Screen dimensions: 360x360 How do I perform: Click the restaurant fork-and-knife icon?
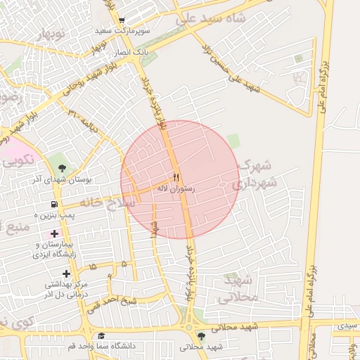point(176,177)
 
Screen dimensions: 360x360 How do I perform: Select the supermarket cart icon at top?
point(122,20)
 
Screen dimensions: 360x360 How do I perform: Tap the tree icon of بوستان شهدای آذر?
point(63,167)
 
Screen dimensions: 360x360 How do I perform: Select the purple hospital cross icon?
point(55,233)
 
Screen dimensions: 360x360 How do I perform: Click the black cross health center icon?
point(66,274)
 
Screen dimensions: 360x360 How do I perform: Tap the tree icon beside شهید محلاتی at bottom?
point(202,336)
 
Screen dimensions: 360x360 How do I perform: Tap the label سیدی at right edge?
point(347,326)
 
